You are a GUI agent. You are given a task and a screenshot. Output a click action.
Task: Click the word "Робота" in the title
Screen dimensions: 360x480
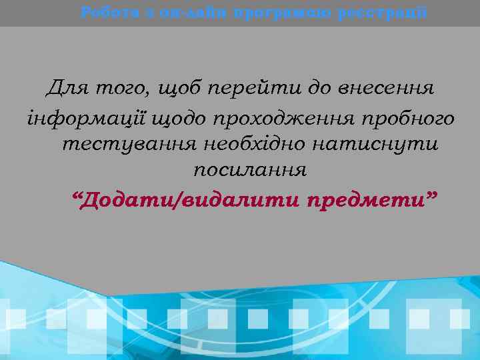[104, 12]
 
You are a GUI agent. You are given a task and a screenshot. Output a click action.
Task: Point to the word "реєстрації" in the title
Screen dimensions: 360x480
[384, 12]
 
